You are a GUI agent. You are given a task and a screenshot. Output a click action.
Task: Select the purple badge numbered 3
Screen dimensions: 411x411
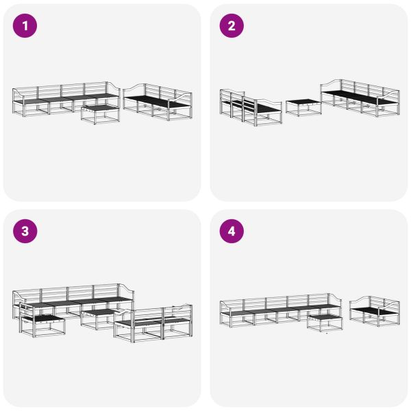tap(26, 232)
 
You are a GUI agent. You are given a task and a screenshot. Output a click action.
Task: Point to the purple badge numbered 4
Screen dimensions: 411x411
tap(232, 232)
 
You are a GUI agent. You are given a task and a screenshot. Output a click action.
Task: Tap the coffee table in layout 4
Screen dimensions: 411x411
tap(324, 322)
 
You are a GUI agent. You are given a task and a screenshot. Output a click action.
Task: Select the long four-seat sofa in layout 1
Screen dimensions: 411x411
tap(65, 99)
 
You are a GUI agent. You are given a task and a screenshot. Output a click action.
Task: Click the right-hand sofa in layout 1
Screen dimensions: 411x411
tap(158, 103)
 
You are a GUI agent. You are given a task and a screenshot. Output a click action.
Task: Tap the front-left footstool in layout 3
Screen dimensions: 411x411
tap(42, 323)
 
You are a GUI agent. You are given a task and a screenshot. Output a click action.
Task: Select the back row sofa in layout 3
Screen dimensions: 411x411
tap(72, 299)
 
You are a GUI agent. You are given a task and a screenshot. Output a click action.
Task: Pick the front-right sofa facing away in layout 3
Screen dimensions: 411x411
tap(154, 323)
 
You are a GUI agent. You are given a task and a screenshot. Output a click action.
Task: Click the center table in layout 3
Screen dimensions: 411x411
tap(98, 317)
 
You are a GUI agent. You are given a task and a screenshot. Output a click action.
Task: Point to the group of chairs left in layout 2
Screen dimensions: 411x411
tap(250, 108)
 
